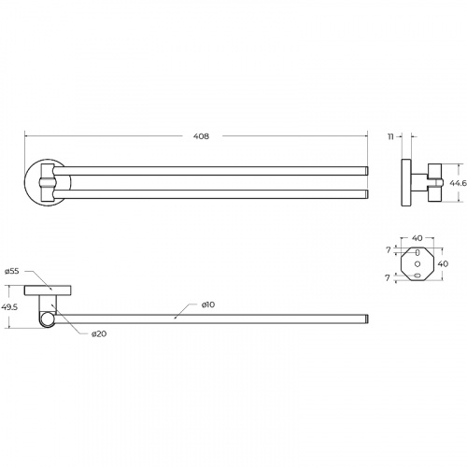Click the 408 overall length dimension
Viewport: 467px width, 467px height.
201,136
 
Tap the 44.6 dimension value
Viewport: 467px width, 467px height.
458,183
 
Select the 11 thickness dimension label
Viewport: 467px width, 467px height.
390,136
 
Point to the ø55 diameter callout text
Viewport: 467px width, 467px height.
12,271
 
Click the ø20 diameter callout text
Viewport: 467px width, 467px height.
99,334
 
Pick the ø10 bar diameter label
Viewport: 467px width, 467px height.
208,304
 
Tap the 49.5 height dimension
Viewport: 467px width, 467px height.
9,307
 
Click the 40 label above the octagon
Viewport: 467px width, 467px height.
417,238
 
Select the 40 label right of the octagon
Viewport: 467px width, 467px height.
443,263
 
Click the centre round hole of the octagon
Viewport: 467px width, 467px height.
417,264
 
